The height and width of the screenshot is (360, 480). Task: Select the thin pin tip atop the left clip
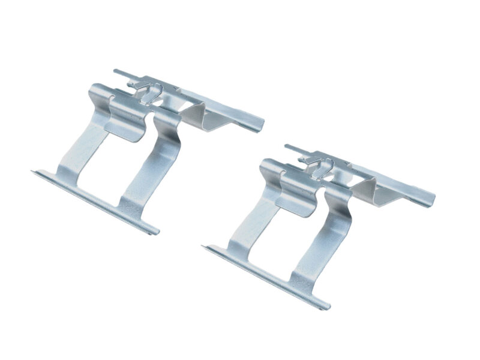click(116, 72)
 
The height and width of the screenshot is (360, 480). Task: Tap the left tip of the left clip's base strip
click(35, 173)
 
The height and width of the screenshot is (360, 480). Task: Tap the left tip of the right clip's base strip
click(206, 247)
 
